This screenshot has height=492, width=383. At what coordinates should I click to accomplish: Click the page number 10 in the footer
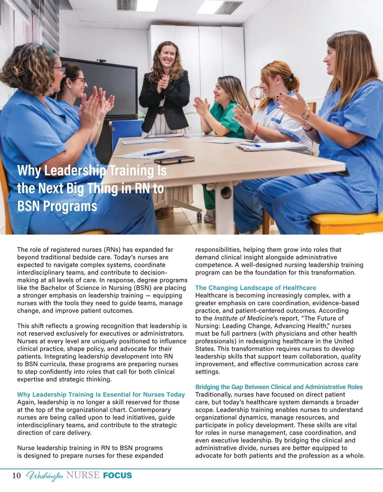[17, 475]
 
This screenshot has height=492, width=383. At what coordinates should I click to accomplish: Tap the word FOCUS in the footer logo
[117, 475]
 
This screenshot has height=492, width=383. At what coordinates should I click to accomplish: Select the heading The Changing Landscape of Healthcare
[256, 288]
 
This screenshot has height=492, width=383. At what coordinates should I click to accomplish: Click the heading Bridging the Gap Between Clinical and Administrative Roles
[279, 387]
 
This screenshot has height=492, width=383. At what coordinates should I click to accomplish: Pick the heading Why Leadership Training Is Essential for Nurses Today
[101, 395]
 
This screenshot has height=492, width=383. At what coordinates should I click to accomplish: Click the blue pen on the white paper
[154, 153]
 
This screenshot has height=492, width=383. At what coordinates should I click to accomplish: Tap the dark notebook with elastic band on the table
[174, 159]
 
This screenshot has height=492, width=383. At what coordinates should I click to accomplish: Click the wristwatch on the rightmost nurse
[305, 115]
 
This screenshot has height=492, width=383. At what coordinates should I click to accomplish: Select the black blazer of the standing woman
[164, 99]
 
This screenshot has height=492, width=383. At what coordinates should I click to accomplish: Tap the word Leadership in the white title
[75, 170]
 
